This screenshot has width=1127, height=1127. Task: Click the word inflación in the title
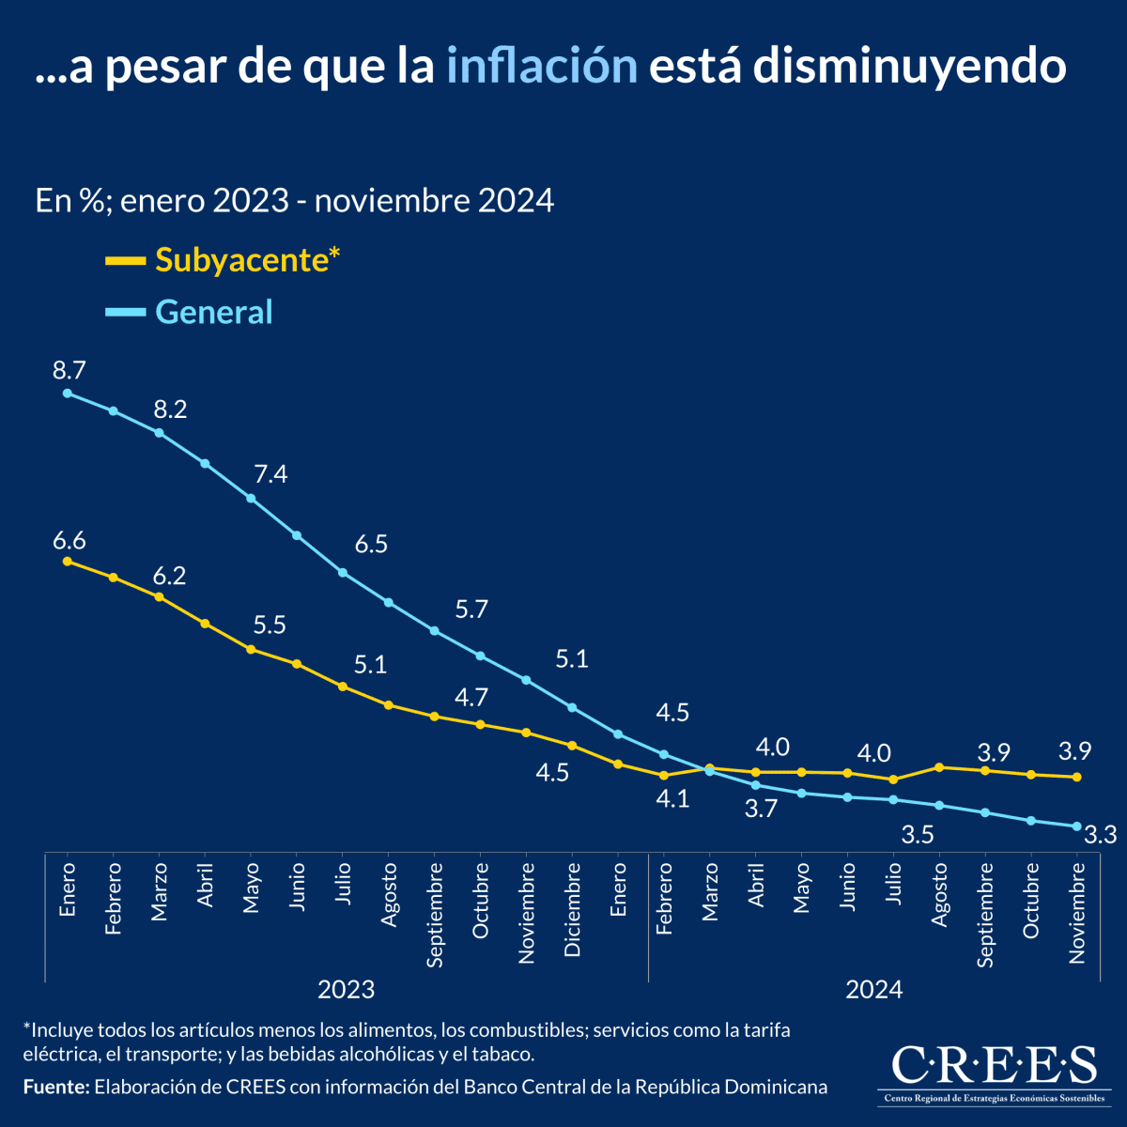[x=542, y=67]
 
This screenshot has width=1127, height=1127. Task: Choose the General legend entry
[x=213, y=312]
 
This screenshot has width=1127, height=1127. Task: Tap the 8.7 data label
[x=69, y=369]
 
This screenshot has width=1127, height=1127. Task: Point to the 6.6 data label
[x=69, y=540]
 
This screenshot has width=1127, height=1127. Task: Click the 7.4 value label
[x=270, y=473]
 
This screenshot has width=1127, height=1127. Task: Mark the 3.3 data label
[x=1100, y=834]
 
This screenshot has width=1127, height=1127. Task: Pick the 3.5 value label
[x=918, y=834]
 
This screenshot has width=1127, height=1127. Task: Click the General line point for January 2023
[x=68, y=394]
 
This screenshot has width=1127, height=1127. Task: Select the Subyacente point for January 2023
[x=68, y=562]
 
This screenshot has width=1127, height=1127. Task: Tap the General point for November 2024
[x=1077, y=826]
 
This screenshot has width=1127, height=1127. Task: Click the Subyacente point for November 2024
[x=1077, y=777]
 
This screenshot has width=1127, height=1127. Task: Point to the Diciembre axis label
[x=573, y=911]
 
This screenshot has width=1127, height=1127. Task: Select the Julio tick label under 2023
[x=343, y=885]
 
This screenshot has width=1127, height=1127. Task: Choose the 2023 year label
[x=346, y=989]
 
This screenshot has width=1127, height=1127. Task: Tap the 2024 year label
[x=873, y=989]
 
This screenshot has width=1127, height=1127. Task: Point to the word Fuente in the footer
[x=55, y=1087]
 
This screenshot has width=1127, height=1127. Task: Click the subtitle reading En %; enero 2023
[x=294, y=201]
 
